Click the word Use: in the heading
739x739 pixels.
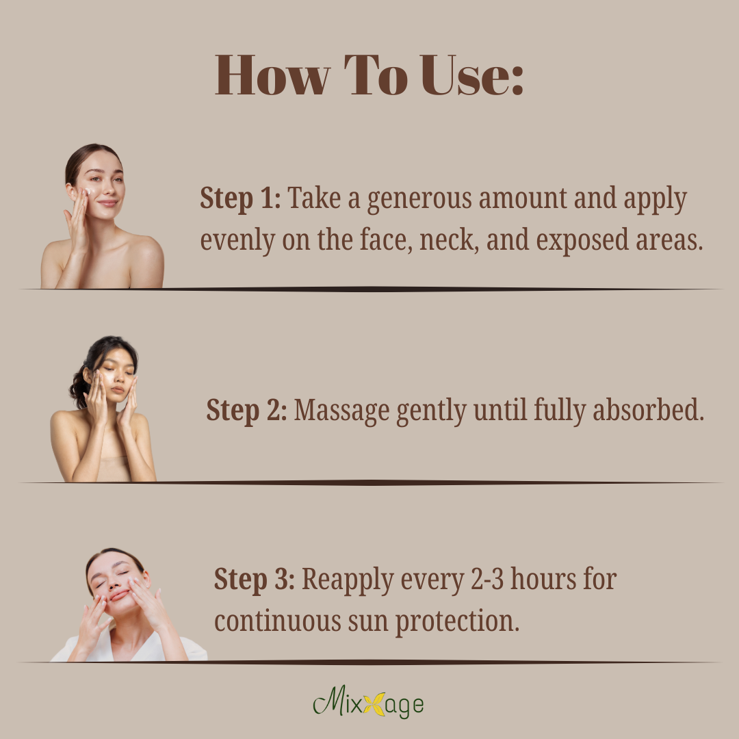coord(471,75)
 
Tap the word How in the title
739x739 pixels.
coord(272,75)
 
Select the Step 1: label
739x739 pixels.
coord(240,198)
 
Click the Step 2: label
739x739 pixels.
coord(246,411)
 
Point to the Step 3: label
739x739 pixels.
coord(255,580)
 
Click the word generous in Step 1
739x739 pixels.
coord(419,198)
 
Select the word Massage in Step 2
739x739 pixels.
coord(341,411)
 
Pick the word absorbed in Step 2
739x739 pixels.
coord(648,409)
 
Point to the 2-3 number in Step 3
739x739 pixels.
coord(487,579)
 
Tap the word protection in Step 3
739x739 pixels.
coord(457,621)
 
